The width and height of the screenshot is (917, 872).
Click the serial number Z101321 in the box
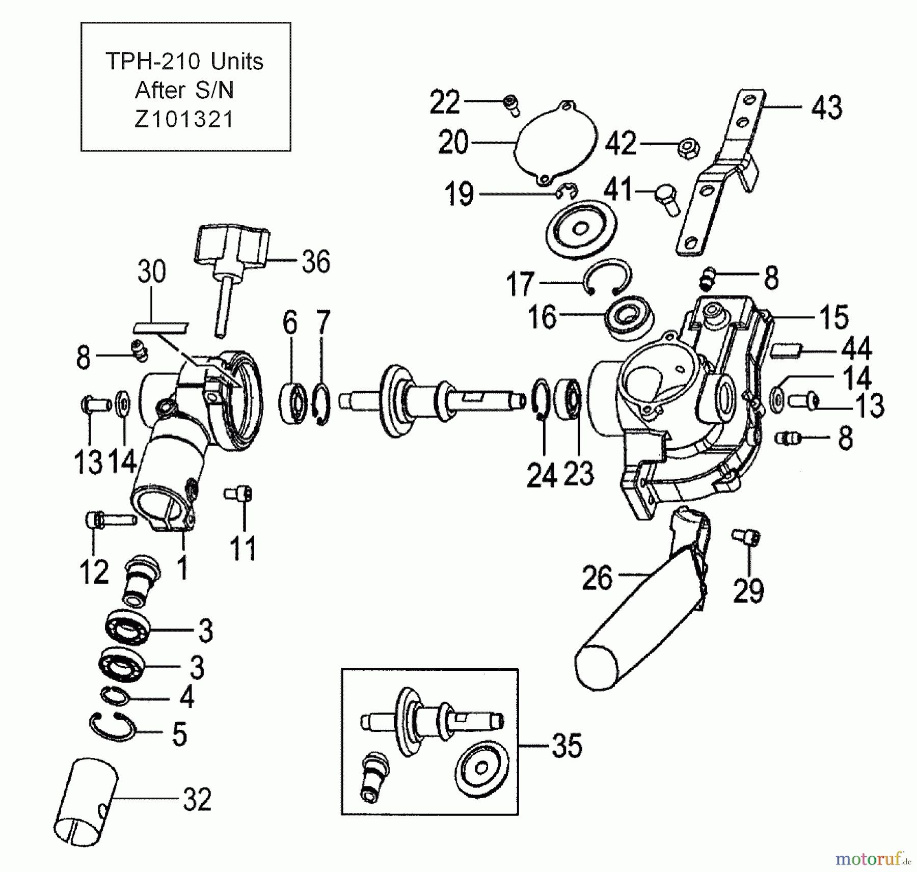[184, 120]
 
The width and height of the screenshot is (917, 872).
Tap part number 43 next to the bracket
[826, 108]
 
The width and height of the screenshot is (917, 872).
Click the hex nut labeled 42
[688, 147]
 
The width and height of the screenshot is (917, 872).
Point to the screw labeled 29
[747, 536]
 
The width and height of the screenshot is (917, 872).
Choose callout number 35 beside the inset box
[567, 746]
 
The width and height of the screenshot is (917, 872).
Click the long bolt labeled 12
[110, 520]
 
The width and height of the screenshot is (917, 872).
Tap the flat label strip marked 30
[160, 327]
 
